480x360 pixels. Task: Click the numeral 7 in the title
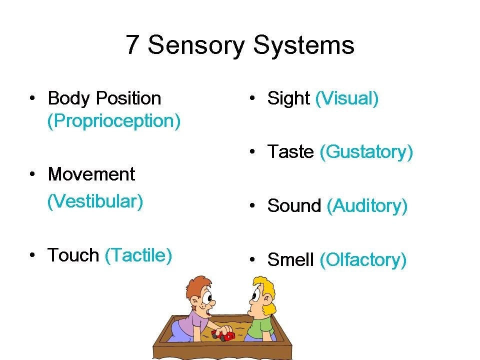coord(131,44)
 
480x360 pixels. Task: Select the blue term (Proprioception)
coord(114,121)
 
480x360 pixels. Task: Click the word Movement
coord(91,174)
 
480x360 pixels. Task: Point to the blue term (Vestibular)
coord(95,201)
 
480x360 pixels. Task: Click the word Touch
coord(73,255)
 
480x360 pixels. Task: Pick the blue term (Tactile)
coord(138,255)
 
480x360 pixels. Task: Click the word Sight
coord(288,99)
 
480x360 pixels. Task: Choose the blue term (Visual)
coord(347,98)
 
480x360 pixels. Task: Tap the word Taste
coord(290,151)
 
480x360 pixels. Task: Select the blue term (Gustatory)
coord(366,152)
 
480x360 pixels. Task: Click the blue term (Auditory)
coord(367,206)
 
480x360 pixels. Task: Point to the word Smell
coord(290,259)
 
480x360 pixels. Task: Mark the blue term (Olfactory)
coord(363,260)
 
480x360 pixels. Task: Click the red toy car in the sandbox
coord(224,335)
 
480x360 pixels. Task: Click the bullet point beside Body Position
coord(32,98)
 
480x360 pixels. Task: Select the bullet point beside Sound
coord(252,205)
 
